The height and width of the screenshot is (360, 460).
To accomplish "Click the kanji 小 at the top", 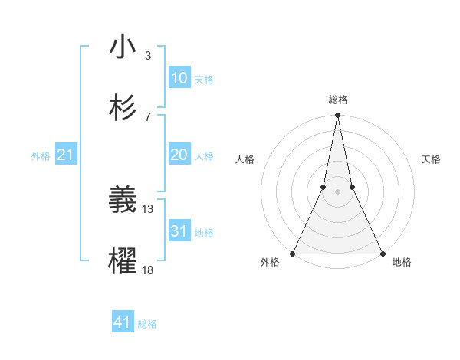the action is click(123, 47).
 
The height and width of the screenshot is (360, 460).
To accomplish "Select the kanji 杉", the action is click(123, 108).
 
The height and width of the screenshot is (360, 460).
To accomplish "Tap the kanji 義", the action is click(123, 201).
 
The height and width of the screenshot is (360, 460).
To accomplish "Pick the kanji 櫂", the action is click(123, 261).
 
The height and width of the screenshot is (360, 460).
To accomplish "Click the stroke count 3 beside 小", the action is click(148, 55).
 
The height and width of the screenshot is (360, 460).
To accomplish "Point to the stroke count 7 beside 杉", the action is click(148, 116).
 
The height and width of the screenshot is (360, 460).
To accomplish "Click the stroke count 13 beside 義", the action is click(148, 208).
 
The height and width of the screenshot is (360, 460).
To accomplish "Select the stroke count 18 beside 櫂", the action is click(148, 270).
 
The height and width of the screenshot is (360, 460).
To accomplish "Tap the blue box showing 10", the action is click(179, 78).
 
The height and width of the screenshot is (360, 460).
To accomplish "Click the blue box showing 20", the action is click(179, 155).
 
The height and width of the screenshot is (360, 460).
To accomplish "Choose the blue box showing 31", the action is click(179, 231).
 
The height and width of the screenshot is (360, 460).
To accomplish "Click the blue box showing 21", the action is click(66, 155).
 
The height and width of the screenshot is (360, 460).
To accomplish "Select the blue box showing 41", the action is click(123, 323).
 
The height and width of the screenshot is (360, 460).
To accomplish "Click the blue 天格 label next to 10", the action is click(204, 79).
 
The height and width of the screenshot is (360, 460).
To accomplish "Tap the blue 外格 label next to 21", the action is click(41, 156).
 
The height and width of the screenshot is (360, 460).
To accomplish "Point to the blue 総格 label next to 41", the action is click(147, 324).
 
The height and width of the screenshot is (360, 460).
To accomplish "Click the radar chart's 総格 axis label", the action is click(337, 100).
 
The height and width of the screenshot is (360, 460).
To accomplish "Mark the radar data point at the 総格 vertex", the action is click(337, 116).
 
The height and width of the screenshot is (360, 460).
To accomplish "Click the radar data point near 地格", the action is click(382, 253).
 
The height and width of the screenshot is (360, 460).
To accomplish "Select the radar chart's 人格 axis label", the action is click(245, 159).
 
